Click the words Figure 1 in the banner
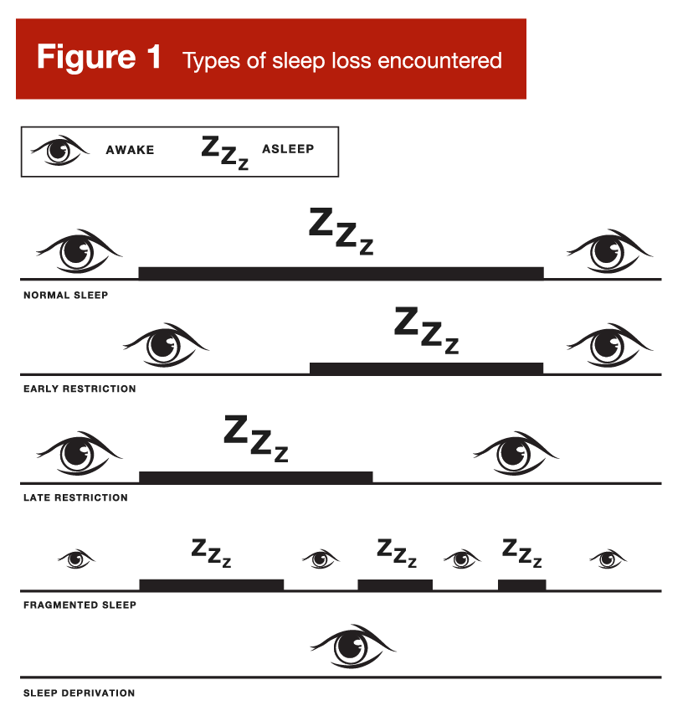coord(99,57)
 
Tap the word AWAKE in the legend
coord(130,150)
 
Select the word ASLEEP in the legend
coord(288,149)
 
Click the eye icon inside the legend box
coord(59,150)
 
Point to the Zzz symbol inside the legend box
coord(225,152)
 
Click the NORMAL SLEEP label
coord(66,295)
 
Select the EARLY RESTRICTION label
coord(80,389)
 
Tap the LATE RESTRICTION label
coord(76,497)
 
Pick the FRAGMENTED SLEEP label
coord(80,605)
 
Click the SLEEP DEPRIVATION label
coord(80,693)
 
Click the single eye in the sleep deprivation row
coord(353,646)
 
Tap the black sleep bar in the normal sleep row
coord(341,273)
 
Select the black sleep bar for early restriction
coord(426,368)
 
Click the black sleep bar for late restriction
coord(255,477)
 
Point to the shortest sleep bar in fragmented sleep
coord(521,585)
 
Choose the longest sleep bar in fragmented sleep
coord(212,585)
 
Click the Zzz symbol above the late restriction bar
coord(256,438)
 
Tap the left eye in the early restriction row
coord(166,345)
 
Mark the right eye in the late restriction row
coord(516,453)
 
